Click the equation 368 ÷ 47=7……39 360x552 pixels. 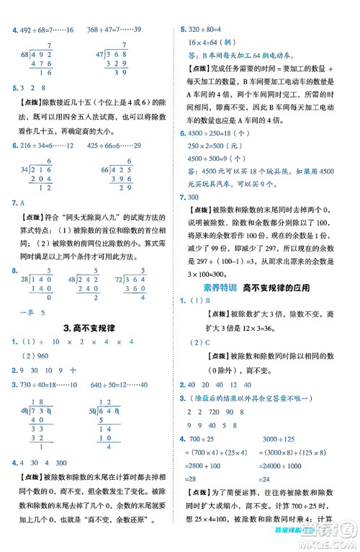coord(114,30)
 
